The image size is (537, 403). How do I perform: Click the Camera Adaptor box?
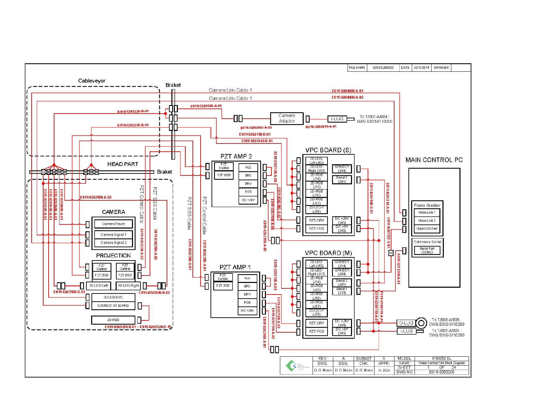tap(286, 118)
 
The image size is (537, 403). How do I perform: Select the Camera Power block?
tap(113, 224)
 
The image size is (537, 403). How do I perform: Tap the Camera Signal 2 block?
tap(113, 243)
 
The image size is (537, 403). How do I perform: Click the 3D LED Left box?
tap(99, 286)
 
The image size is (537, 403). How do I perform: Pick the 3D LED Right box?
tap(128, 286)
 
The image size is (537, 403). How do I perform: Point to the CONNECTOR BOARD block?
tap(113, 305)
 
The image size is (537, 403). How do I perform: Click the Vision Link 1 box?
tap(427, 213)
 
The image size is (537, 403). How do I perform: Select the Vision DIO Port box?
tap(427, 229)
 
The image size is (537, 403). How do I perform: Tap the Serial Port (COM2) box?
tap(427, 250)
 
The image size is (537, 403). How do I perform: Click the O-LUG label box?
tap(406, 323)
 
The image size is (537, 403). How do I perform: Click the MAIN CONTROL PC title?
tap(434, 160)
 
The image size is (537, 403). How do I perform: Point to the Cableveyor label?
tap(92, 81)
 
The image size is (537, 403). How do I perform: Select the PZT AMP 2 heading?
tap(236, 156)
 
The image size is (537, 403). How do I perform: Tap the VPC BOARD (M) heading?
tap(328, 253)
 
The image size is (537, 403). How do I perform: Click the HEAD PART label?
tap(123, 164)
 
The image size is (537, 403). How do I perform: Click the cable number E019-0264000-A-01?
tap(347, 91)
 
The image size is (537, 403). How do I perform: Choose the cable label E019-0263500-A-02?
tap(96, 197)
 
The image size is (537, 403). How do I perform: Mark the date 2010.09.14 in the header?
tap(421, 68)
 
